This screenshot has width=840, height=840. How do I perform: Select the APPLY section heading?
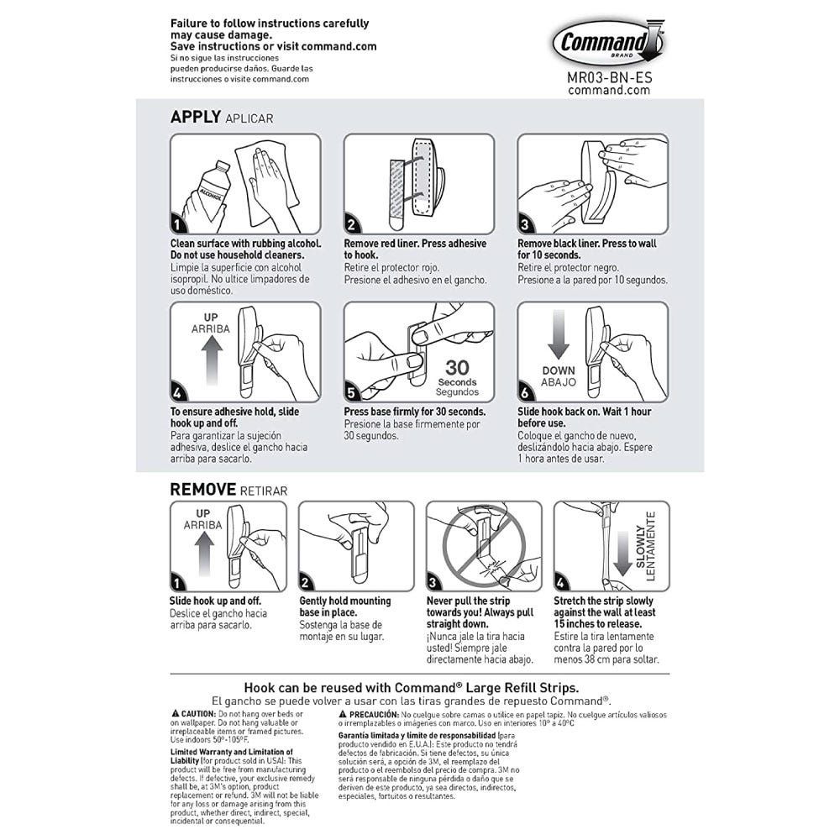196,117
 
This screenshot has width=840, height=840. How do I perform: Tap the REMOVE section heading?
202,489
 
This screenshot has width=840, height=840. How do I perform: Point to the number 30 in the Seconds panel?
460,367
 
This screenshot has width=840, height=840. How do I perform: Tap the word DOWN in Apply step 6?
558,370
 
